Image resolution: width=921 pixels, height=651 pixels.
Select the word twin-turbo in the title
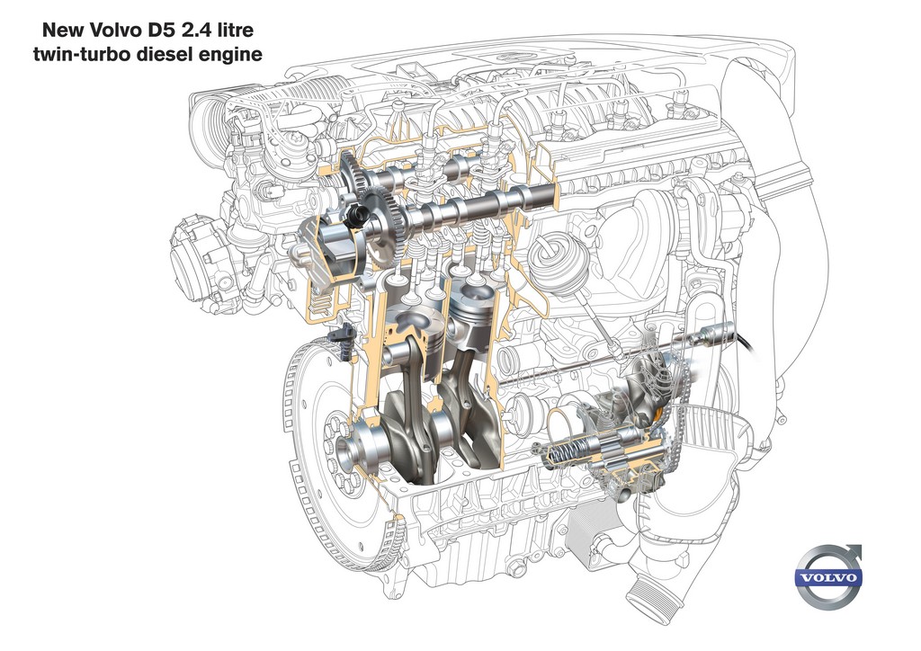point(84,55)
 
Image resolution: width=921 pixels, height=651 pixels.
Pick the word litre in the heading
point(237,30)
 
